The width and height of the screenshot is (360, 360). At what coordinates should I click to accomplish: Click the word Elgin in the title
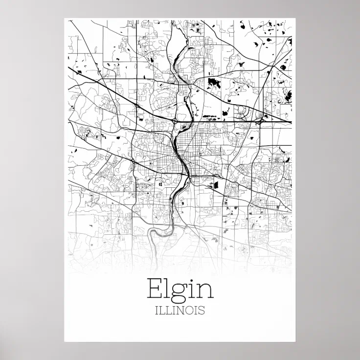(x=180, y=289)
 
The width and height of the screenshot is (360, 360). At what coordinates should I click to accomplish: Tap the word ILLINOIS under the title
(x=180, y=310)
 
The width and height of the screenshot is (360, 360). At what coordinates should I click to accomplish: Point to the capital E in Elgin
(x=154, y=289)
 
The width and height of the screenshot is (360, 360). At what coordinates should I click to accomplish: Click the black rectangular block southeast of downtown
(x=214, y=185)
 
